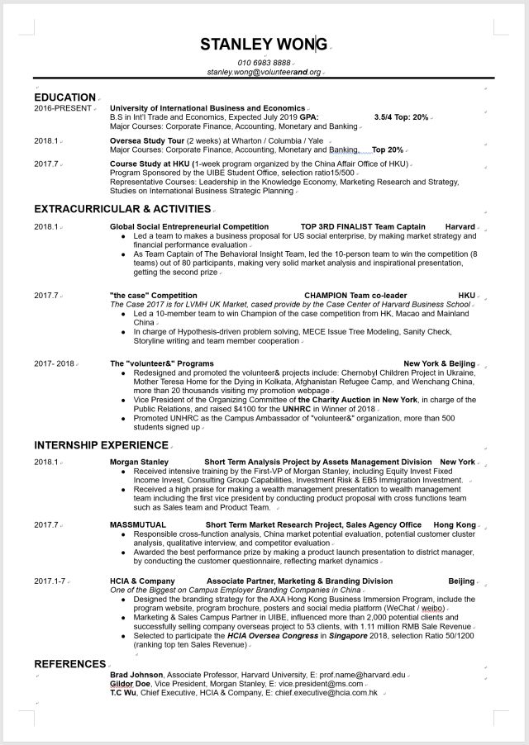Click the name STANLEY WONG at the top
pos(264,44)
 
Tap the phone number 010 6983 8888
pos(264,63)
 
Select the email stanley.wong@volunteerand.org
pos(264,73)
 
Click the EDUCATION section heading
pos(64,97)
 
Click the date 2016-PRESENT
pos(63,108)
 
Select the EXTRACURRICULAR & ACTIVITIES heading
pos(122,209)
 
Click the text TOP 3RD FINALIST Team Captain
pos(363,226)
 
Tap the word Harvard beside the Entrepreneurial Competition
pos(460,226)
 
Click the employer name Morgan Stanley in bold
pos(139,462)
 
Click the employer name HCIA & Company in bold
pos(142,581)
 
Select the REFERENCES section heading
pos(69,663)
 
